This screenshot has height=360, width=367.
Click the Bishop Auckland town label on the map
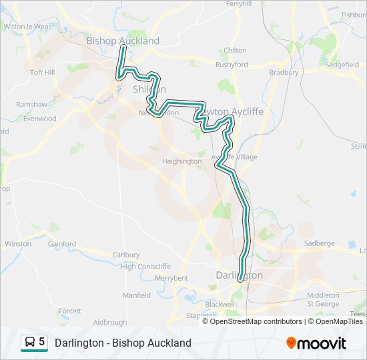123,41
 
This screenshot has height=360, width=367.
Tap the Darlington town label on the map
239,275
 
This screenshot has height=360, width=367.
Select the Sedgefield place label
342,65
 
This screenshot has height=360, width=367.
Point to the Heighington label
181,161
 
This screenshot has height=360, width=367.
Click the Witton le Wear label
27,27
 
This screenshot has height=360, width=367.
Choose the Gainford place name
62,244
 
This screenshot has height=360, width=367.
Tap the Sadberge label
319,243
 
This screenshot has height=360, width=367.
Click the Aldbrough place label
110,322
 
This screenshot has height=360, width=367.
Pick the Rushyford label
232,65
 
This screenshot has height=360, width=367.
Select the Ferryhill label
239,4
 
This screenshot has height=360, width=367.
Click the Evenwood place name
40,119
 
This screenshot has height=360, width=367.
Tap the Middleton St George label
323,299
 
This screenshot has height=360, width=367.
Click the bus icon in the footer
30,343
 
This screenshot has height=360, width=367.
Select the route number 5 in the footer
42,342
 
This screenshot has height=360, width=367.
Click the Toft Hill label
42,72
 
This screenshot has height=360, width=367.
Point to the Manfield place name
137,295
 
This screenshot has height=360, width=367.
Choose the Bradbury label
284,72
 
